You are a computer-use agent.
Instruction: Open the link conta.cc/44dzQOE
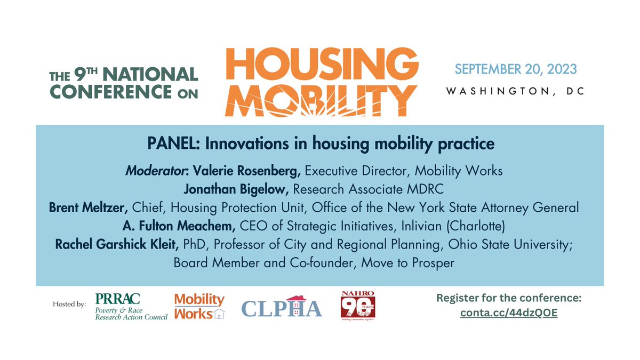pyautogui.click(x=508, y=313)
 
